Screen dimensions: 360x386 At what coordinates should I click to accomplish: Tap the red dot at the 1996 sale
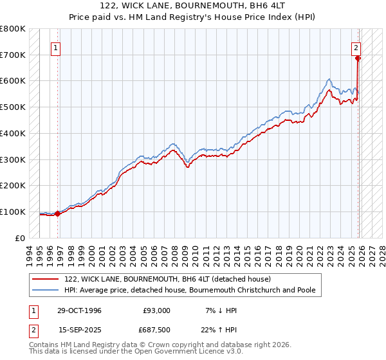point(58,213)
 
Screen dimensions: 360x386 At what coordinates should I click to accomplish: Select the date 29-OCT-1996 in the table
point(79,310)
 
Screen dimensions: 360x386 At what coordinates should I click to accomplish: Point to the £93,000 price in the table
point(157,310)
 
